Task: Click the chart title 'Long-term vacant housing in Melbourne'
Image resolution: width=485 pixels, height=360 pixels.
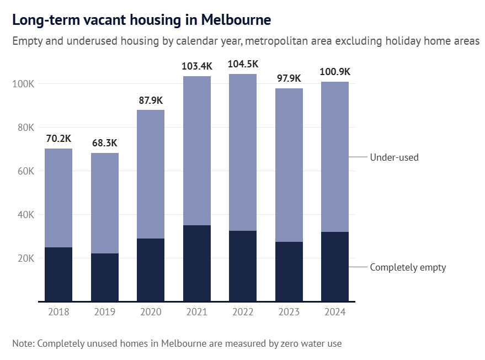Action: [141, 20]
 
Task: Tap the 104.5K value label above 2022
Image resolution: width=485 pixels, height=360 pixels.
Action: [243, 64]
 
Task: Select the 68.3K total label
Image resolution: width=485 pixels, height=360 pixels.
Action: [104, 143]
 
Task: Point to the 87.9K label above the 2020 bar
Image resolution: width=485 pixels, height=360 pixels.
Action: [151, 100]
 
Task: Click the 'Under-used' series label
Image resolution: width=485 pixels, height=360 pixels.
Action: [394, 157]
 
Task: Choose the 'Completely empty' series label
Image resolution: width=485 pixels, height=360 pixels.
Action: [408, 267]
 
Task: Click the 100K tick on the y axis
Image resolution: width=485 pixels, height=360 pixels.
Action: [24, 84]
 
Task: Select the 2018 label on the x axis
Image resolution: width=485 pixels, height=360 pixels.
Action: [58, 312]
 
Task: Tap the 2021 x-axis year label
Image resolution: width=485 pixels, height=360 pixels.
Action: [196, 312]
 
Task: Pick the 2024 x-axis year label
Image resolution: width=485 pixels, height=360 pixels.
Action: [335, 312]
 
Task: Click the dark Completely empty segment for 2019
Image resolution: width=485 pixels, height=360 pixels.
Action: [104, 277]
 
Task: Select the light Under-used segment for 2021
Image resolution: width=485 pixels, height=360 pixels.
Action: [196, 150]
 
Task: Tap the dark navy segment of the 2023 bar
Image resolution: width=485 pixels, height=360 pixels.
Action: [289, 271]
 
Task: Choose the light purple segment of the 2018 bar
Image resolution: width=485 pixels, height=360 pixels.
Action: [58, 198]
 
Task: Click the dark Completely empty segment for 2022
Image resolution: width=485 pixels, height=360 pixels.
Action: [243, 266]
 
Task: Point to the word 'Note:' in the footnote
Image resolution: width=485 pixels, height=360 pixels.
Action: [23, 343]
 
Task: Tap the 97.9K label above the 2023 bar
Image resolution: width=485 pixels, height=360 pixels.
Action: [289, 78]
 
